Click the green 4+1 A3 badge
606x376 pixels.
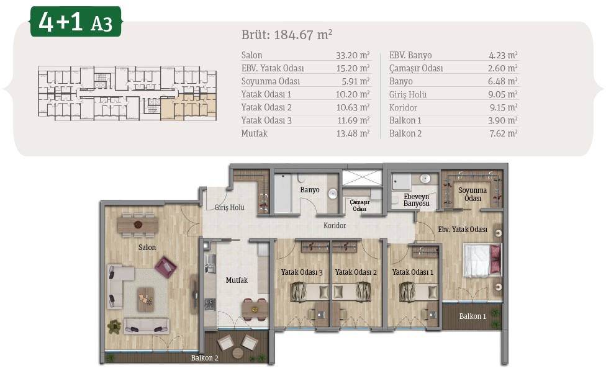76,22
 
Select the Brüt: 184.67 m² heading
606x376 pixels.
287,35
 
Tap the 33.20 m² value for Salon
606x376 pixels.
353,55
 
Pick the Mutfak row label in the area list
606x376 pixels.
255,133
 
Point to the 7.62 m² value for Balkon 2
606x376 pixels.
503,133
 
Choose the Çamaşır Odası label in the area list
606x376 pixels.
416,68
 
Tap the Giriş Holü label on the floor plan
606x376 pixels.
230,207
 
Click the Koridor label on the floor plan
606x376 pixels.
335,225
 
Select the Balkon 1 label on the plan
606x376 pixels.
473,316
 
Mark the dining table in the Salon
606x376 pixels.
138,225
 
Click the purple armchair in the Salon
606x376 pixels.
166,267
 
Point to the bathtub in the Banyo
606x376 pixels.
283,192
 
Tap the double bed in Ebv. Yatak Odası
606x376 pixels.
482,261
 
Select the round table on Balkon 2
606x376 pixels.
238,353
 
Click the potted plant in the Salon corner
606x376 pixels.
114,326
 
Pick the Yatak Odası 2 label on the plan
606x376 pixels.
356,272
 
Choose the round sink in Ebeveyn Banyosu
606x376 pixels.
425,179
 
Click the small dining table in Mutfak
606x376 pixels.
255,310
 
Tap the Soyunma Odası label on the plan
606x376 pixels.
473,194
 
